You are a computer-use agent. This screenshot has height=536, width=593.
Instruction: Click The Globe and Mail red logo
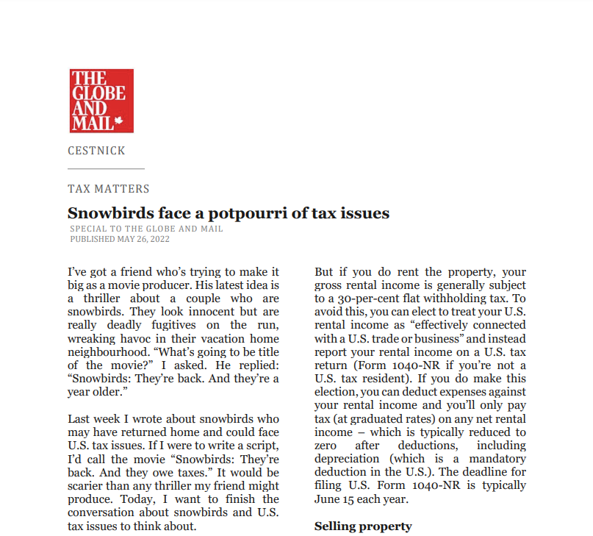click(x=101, y=101)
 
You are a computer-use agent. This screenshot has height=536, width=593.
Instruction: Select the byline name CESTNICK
click(x=96, y=151)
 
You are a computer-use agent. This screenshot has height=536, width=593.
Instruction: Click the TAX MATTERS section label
click(x=109, y=189)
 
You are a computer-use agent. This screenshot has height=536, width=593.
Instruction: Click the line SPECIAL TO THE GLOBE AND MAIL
click(x=146, y=229)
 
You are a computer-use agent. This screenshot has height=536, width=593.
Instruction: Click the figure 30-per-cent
click(x=363, y=299)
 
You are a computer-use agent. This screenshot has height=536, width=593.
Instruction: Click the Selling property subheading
click(x=363, y=526)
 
